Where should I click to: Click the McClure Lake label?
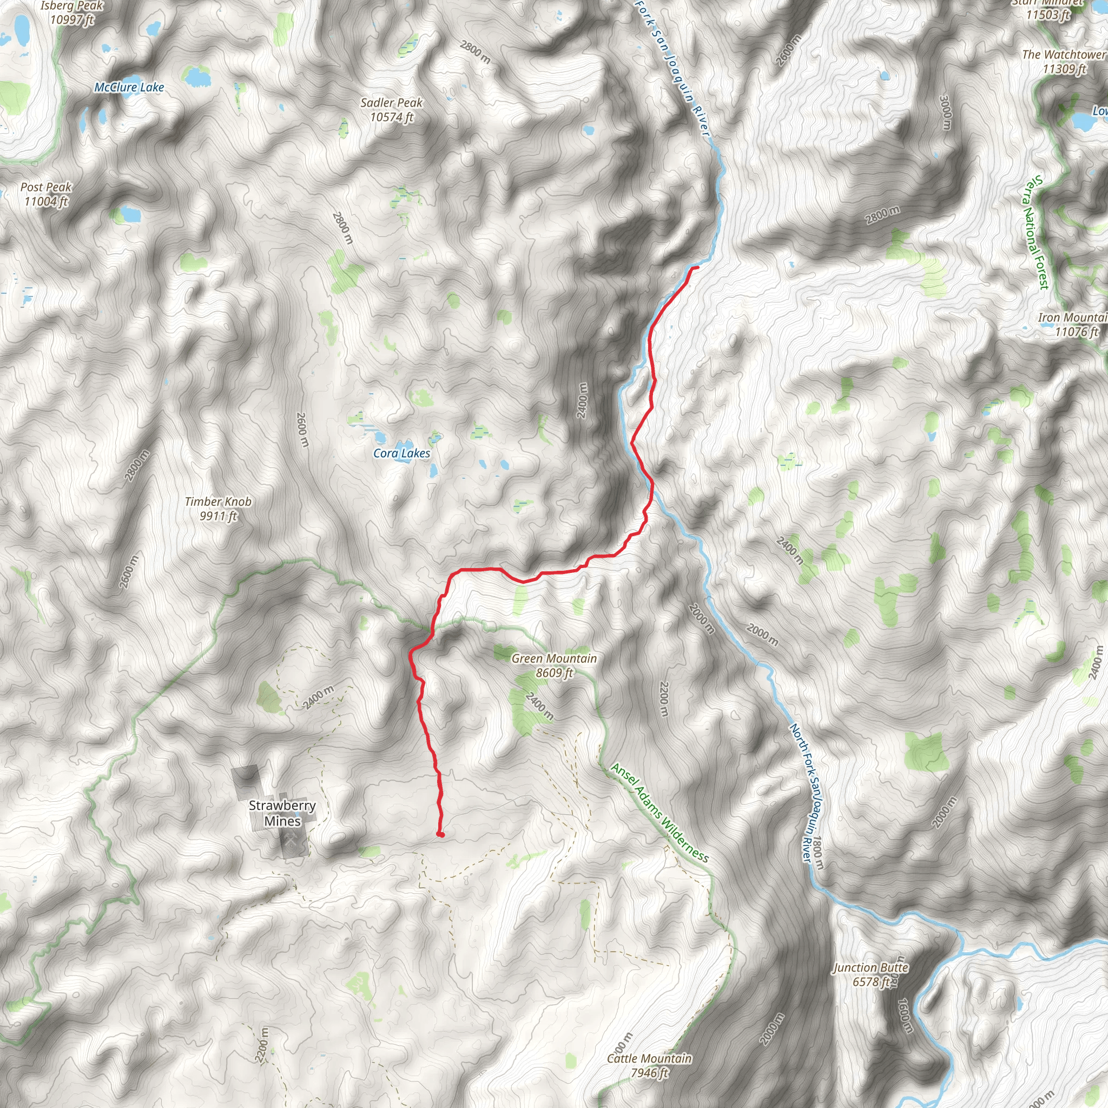[129, 88]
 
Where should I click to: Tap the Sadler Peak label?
[391, 103]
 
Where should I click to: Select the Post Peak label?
[46, 187]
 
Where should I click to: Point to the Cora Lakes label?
[401, 453]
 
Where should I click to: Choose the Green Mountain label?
[554, 658]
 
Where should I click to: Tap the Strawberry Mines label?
[282, 813]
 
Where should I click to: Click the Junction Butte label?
[870, 967]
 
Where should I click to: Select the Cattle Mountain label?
[649, 1059]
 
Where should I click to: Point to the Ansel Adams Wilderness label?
[659, 812]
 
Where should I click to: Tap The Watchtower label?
[1064, 55]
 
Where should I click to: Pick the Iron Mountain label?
[1072, 318]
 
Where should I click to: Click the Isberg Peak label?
[72, 6]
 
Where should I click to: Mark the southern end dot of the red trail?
[440, 834]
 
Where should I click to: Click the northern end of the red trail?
[697, 267]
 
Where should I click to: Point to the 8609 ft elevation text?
[554, 672]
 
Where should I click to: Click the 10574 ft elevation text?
[391, 117]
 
